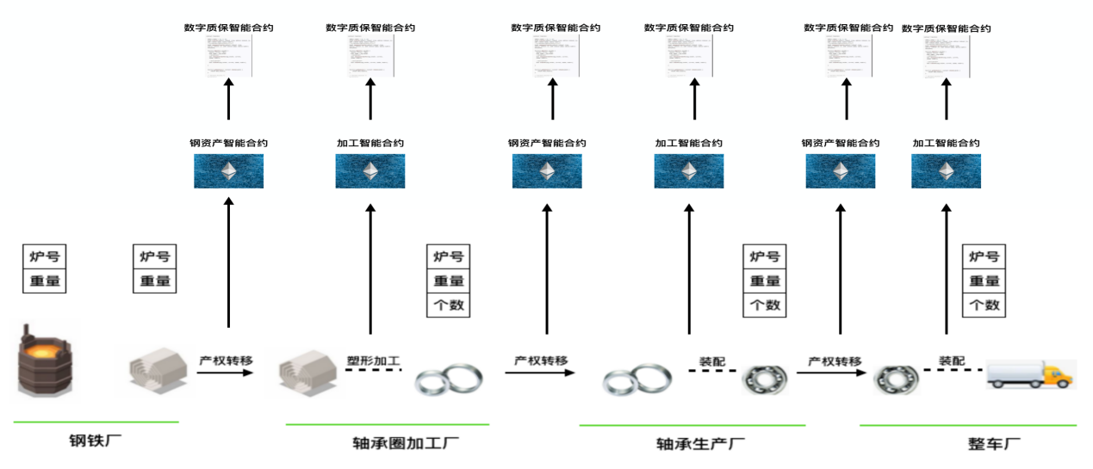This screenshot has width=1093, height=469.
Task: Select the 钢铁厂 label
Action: [x=96, y=442]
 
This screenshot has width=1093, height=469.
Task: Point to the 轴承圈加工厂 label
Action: [x=406, y=444]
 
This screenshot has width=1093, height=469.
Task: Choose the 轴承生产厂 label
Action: [x=700, y=444]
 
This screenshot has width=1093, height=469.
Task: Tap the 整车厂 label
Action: [x=994, y=444]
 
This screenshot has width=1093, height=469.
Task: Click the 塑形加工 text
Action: [x=373, y=361]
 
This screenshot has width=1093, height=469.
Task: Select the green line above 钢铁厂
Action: [x=96, y=422]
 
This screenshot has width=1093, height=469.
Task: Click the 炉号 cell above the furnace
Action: [x=44, y=256]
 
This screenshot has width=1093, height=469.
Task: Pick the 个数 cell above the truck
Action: [x=984, y=305]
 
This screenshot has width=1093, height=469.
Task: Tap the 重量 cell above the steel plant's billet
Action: [x=155, y=281]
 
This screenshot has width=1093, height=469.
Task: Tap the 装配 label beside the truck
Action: [x=952, y=361]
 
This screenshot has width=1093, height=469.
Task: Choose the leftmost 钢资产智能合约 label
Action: [x=228, y=143]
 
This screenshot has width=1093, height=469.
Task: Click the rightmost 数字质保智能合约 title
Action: [x=946, y=28]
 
